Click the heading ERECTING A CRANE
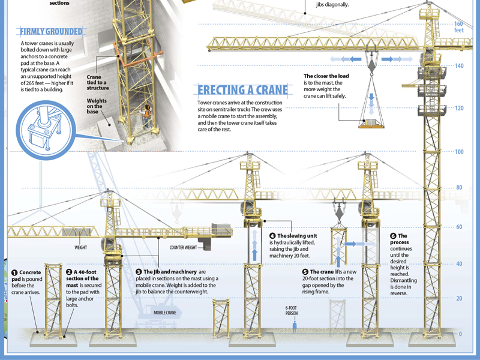click(x=243, y=91)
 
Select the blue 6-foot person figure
click(x=294, y=326)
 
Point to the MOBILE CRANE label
click(x=164, y=313)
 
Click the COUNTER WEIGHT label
click(x=184, y=247)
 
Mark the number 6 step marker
click(x=394, y=236)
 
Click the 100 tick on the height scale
click(x=459, y=152)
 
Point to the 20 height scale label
click(x=459, y=299)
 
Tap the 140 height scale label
click(x=459, y=66)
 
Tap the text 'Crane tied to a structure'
click(x=97, y=82)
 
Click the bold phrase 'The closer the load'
click(x=326, y=76)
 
